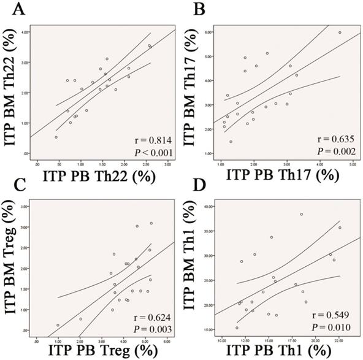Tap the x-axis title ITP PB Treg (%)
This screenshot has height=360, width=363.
(99, 353)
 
